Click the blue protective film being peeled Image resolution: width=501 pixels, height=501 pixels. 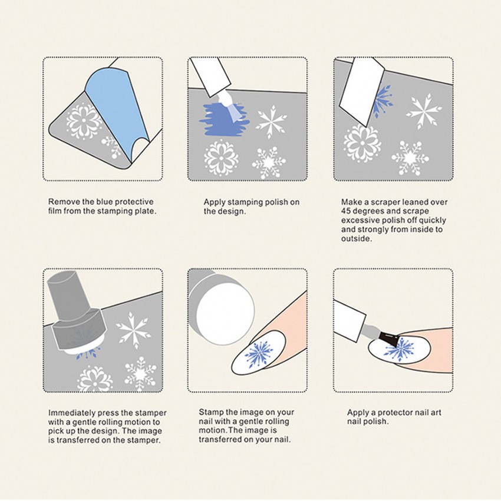point(115,109)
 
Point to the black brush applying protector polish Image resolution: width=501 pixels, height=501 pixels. point(388,340)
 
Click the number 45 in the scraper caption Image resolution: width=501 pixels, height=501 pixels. point(346,211)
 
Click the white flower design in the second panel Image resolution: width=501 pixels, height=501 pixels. point(221,158)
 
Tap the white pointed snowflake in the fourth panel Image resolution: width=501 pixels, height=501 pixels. point(133,330)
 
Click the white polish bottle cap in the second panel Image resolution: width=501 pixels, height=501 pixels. point(210,77)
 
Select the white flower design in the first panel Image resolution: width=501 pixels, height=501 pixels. point(84,121)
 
